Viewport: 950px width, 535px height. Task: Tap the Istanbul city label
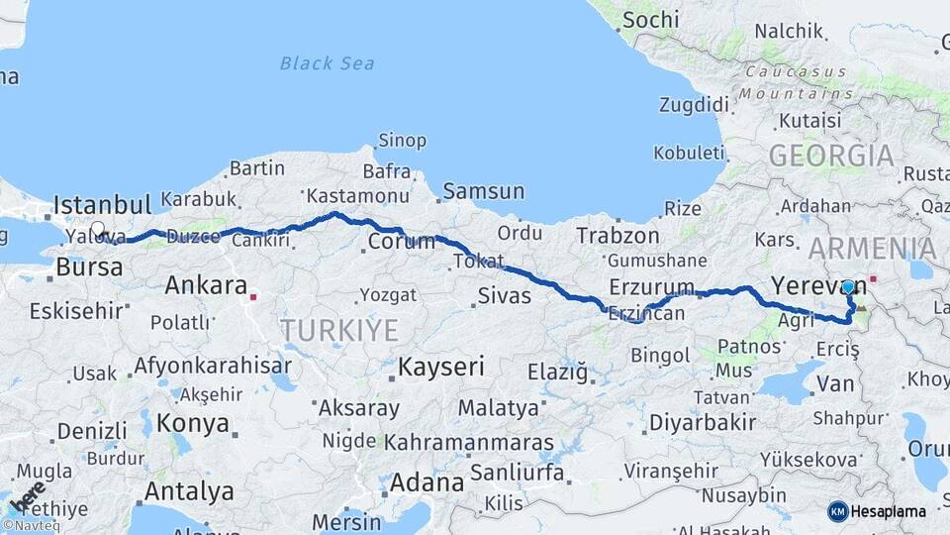click(x=102, y=205)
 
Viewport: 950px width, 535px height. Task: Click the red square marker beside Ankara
click(x=254, y=295)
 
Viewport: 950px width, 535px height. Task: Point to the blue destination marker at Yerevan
click(x=848, y=286)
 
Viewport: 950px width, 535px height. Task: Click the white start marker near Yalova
click(x=97, y=229)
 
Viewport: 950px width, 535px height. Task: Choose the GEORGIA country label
click(x=831, y=156)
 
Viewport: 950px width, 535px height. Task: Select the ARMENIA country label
click(x=872, y=247)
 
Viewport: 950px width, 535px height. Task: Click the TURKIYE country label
click(x=338, y=330)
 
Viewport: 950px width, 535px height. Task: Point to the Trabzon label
click(x=617, y=236)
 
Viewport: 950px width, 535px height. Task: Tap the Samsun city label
click(x=484, y=191)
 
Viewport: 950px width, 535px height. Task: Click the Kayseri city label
click(x=441, y=368)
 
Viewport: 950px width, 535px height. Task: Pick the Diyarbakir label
click(x=703, y=423)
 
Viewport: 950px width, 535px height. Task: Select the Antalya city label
click(x=189, y=491)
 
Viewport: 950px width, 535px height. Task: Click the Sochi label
click(x=650, y=20)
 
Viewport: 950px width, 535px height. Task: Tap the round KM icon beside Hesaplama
click(x=838, y=511)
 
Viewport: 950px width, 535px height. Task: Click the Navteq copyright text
click(x=31, y=526)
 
